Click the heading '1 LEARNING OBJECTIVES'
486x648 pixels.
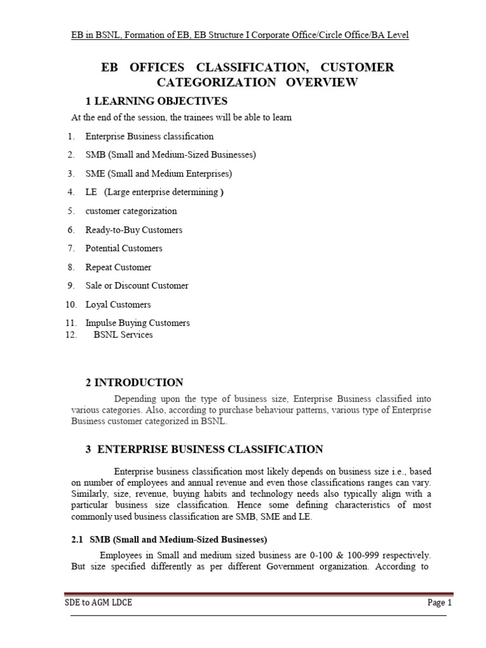point(156,101)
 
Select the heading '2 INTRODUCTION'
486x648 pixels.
point(134,382)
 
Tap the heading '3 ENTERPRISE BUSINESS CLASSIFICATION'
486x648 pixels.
point(204,449)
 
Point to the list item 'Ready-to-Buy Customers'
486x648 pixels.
point(134,230)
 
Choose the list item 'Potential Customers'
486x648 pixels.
point(124,248)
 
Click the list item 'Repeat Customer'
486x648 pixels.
point(118,267)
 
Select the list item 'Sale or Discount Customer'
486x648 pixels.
point(137,285)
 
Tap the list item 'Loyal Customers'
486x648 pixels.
point(118,304)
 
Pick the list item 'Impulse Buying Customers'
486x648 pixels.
point(137,323)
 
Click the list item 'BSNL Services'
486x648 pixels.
point(123,335)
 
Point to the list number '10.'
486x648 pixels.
point(71,304)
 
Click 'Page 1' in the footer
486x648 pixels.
point(440,603)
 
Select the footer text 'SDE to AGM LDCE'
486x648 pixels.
point(99,603)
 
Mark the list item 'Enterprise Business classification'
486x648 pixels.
point(149,136)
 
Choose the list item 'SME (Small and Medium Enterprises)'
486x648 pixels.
point(159,173)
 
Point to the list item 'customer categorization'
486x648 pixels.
point(131,211)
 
